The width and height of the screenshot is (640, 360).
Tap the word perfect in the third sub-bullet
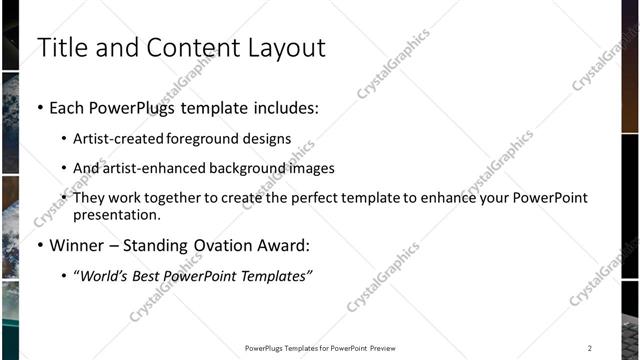330,198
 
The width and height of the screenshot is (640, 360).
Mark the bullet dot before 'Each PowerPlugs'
39,107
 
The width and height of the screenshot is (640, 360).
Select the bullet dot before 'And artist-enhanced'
64,169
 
